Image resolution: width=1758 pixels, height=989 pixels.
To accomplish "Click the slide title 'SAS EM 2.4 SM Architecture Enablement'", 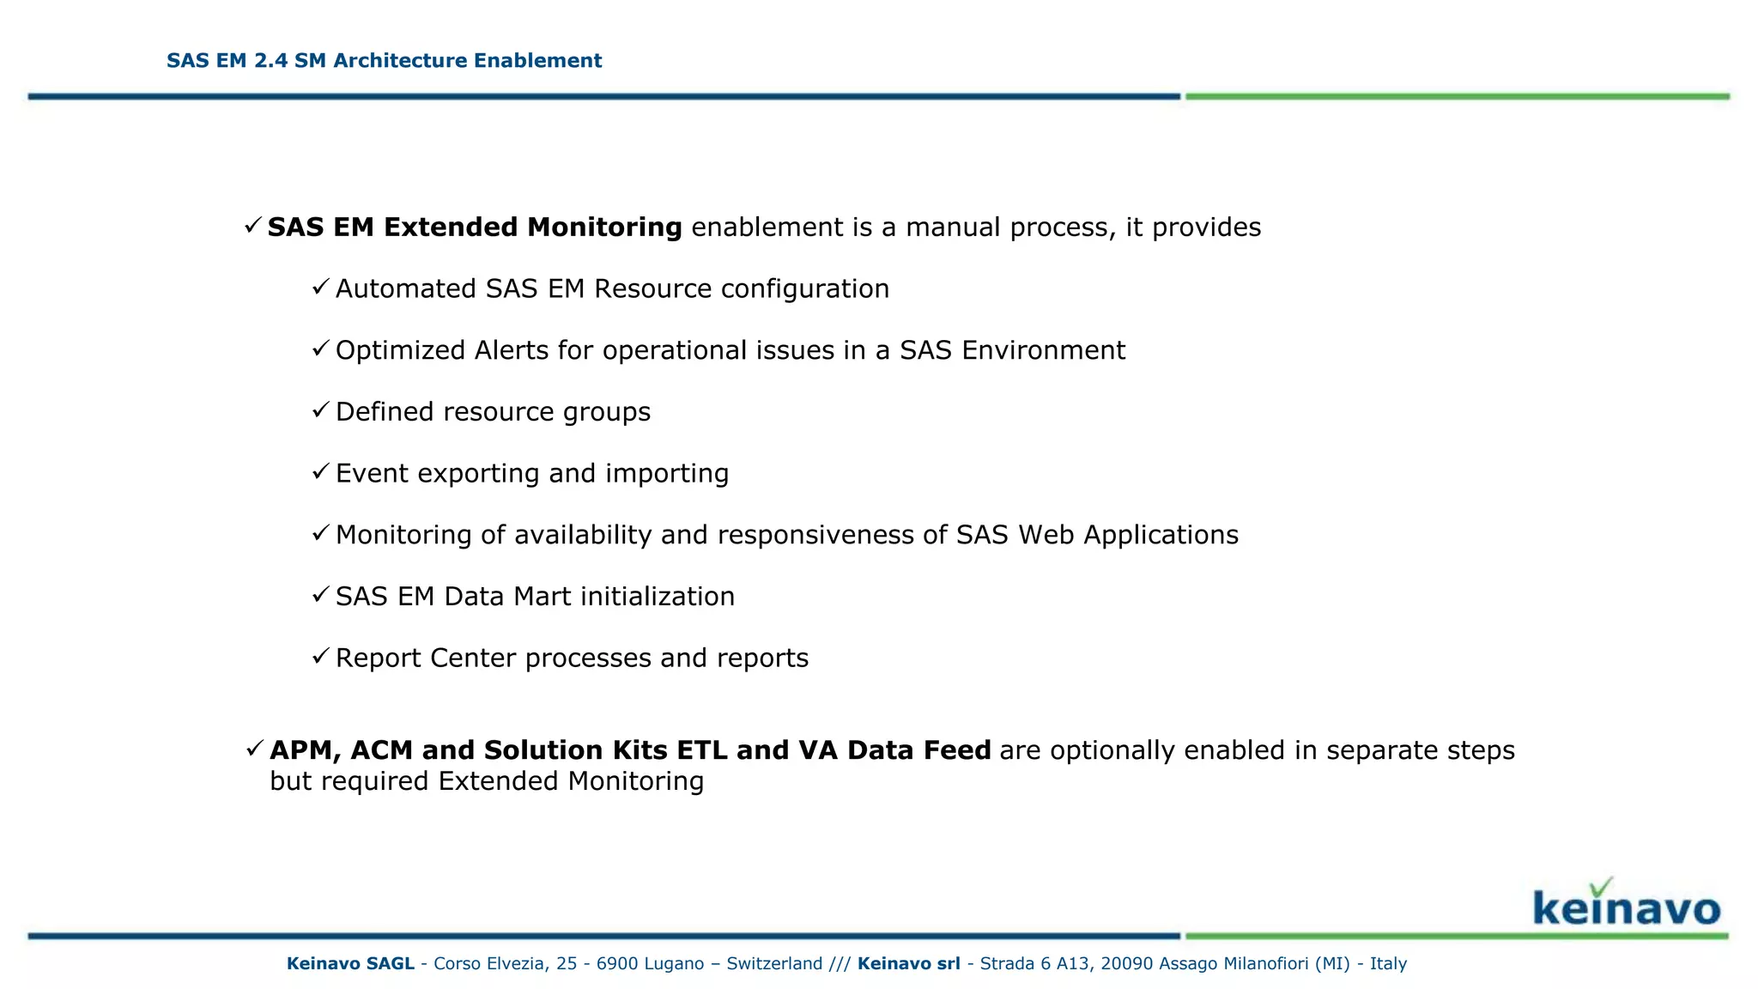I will tap(384, 61).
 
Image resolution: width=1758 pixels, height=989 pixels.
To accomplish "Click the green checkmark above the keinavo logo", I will tap(1601, 887).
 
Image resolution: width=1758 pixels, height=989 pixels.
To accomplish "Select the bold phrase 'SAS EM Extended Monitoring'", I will tap(475, 228).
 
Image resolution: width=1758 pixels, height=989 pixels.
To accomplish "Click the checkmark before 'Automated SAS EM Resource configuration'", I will tap(320, 287).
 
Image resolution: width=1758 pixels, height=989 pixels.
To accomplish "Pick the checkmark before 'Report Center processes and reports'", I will tap(320, 657).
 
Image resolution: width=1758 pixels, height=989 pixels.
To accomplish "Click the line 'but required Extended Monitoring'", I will tap(487, 781).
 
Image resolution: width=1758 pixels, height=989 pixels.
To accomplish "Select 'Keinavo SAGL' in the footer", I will tap(350, 963).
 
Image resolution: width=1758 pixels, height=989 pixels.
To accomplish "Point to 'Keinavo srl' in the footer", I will tap(908, 963).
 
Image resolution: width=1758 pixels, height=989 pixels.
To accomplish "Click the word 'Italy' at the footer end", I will tap(1388, 963).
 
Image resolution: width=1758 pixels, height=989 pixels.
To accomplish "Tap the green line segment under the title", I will tap(1457, 97).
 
